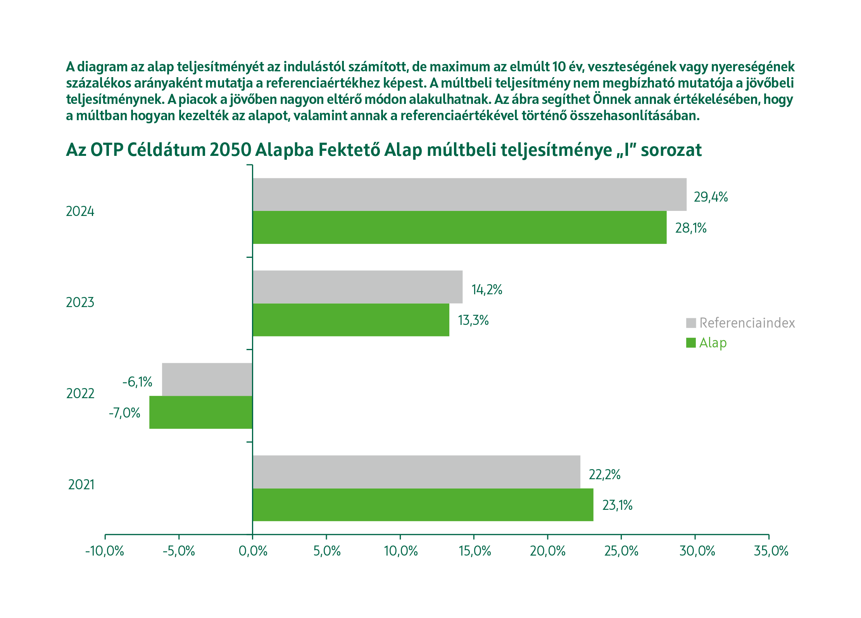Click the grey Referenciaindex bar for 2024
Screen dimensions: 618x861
click(x=469, y=194)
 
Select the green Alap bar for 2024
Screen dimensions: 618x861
click(x=459, y=227)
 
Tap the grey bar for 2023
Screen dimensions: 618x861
click(x=357, y=287)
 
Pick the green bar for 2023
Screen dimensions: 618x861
click(x=351, y=319)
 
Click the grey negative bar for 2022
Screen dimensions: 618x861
click(x=207, y=379)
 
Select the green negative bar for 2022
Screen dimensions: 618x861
click(x=201, y=412)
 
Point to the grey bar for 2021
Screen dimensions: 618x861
click(x=416, y=472)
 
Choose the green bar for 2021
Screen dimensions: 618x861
click(x=423, y=504)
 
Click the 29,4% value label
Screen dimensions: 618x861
click(x=711, y=197)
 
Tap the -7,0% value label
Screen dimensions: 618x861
click(x=124, y=413)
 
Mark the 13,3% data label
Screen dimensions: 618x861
click(x=473, y=320)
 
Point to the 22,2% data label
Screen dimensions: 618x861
click(x=604, y=475)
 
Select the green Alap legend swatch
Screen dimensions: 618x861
click(x=691, y=343)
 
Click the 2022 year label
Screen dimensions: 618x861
click(x=80, y=394)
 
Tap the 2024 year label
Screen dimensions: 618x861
click(x=80, y=211)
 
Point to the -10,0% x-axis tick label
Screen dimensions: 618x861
click(x=104, y=551)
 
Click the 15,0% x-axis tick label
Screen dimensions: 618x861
click(x=474, y=551)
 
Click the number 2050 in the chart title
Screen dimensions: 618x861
click(x=230, y=150)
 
